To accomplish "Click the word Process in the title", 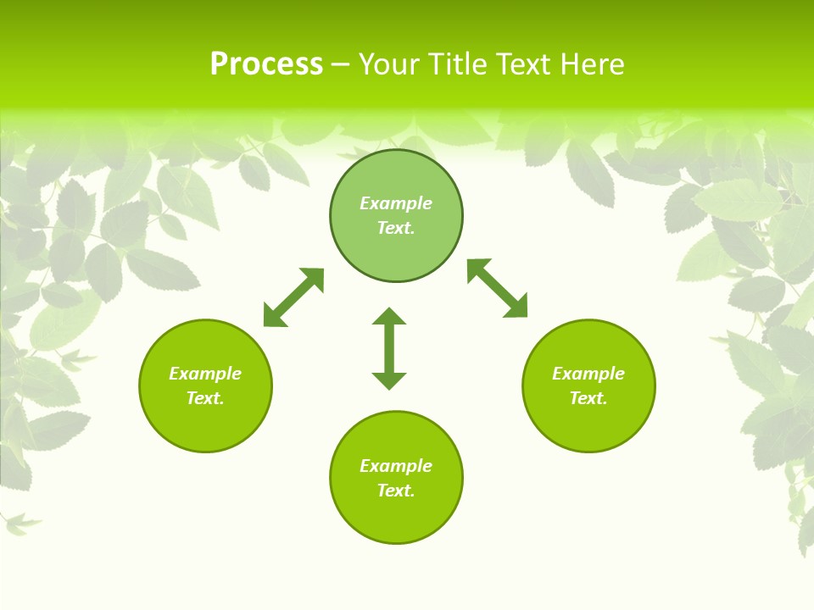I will pos(266,64).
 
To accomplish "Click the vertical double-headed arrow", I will pos(389,348).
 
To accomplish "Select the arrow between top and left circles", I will pos(293,297).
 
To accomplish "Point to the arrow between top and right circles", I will pos(497,288).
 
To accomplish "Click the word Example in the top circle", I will pos(396,203).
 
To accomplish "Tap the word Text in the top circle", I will pos(395,228).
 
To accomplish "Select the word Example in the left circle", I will pos(205,374).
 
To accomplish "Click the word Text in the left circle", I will pos(204,398).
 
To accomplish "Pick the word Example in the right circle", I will pos(588,374).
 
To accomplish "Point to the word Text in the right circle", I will pos(588,398).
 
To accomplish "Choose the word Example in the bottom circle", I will pos(396,466).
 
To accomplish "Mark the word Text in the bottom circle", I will pos(395,491).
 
